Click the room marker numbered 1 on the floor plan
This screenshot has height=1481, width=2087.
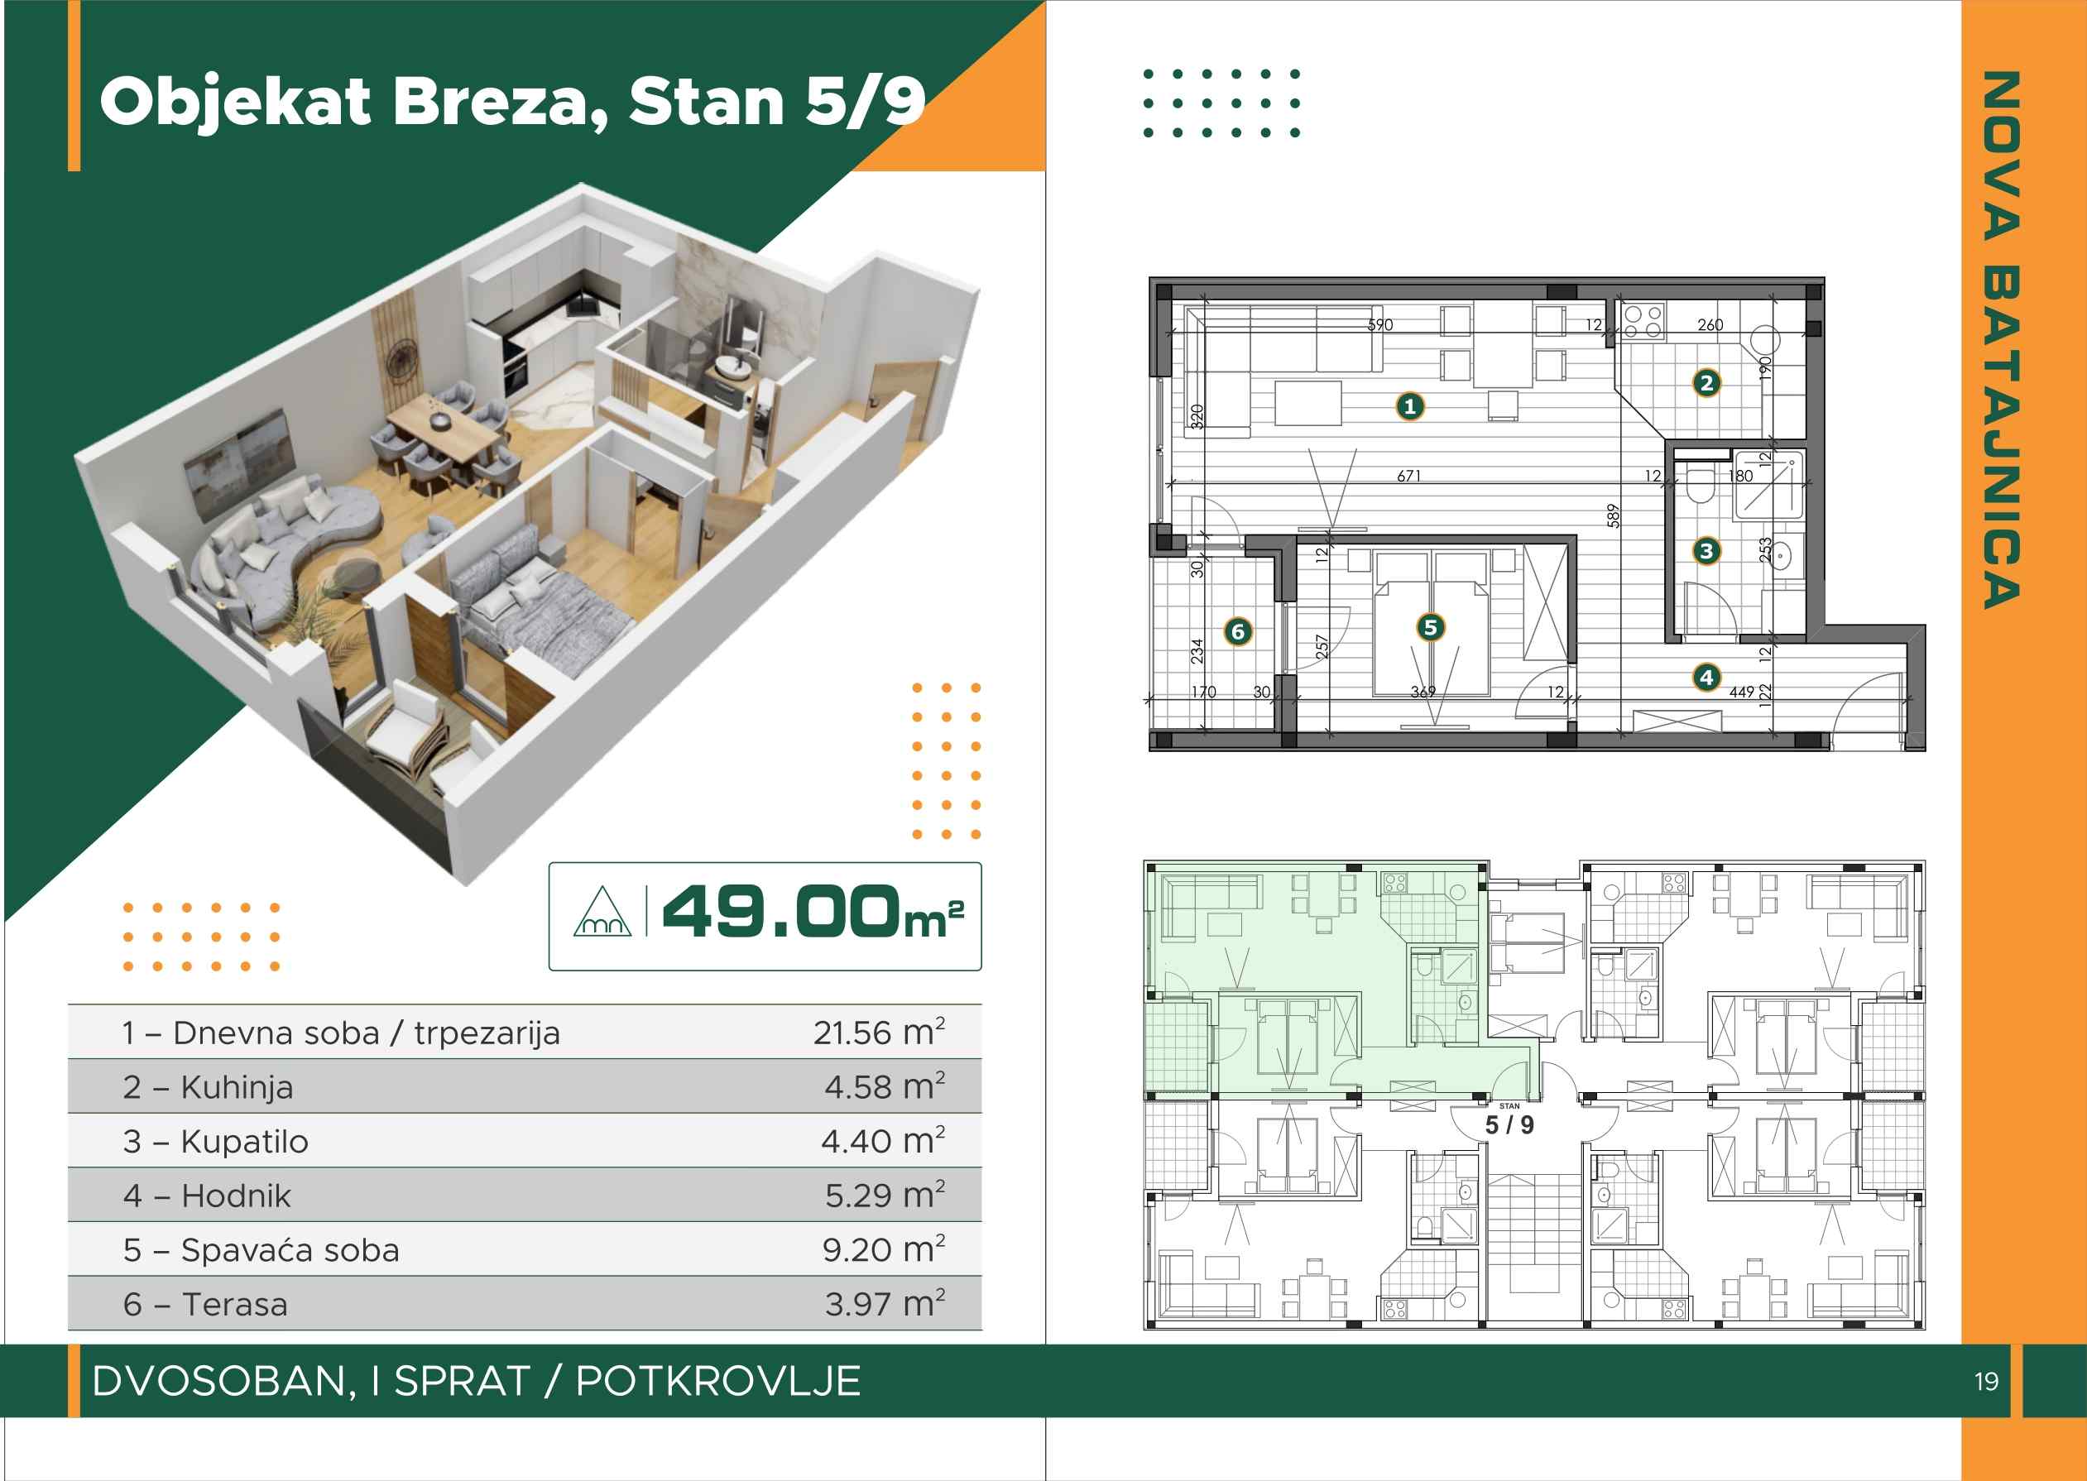(x=1410, y=407)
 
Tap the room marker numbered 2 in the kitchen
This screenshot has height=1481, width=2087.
(x=1706, y=383)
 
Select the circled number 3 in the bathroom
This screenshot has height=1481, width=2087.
(x=1706, y=551)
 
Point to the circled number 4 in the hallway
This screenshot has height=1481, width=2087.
(x=1706, y=678)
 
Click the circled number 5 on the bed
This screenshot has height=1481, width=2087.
(x=1430, y=627)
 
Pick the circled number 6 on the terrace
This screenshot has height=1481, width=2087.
(x=1238, y=631)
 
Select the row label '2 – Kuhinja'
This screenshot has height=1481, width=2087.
(x=208, y=1087)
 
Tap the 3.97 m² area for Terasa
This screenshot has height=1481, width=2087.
(x=885, y=1302)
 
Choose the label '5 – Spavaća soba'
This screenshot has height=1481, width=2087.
(x=261, y=1249)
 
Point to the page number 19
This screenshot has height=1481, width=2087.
(x=1986, y=1383)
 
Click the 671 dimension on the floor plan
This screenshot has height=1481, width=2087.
(x=1408, y=475)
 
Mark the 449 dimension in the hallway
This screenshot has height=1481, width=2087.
(x=1741, y=693)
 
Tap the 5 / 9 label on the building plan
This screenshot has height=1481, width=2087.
(x=1509, y=1125)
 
